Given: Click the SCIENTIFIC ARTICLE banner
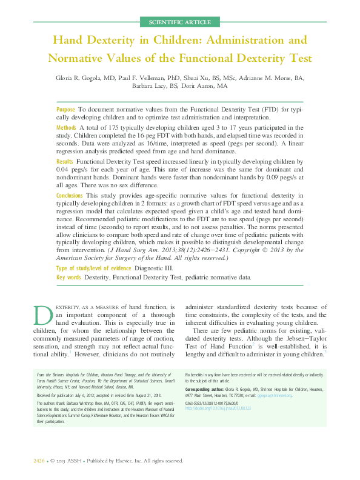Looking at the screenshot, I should tap(180, 22).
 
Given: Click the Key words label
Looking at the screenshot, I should tap(68, 278).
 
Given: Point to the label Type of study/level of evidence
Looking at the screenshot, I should tap(93, 268).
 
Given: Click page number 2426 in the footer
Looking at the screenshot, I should tap(40, 461).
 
